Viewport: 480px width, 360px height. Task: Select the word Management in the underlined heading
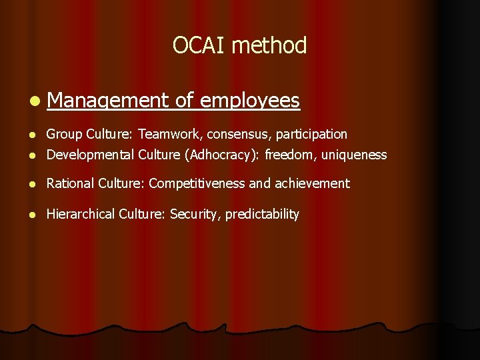pyautogui.click(x=109, y=101)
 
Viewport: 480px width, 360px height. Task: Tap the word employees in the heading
pyautogui.click(x=249, y=101)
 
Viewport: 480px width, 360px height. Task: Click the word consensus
pyautogui.click(x=237, y=134)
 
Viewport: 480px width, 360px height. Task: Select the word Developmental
pyautogui.click(x=90, y=155)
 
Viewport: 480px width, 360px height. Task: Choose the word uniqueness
pyautogui.click(x=355, y=155)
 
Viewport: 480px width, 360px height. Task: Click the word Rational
pyautogui.click(x=71, y=183)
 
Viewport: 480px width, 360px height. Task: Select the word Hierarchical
pyautogui.click(x=81, y=214)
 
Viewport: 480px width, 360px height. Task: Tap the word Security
pyautogui.click(x=194, y=214)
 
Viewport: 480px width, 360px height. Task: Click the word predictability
pyautogui.click(x=262, y=214)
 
